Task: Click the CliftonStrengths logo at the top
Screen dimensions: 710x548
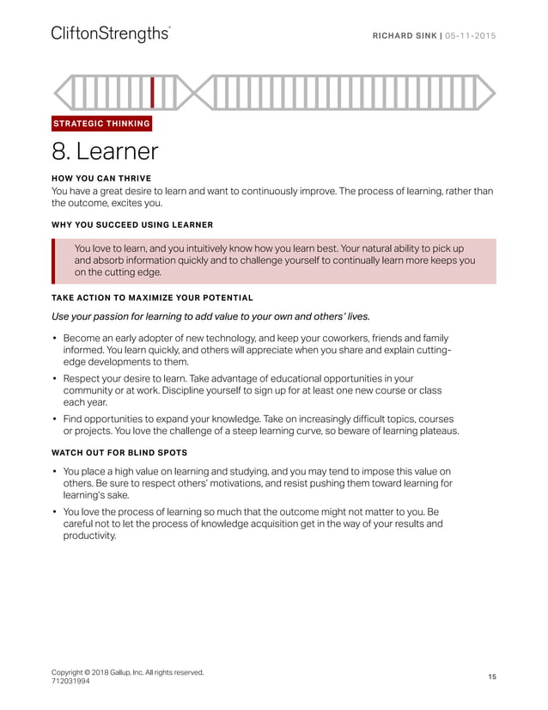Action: tap(110, 34)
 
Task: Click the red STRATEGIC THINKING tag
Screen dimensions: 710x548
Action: tap(101, 124)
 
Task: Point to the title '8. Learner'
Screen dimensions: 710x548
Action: tap(105, 152)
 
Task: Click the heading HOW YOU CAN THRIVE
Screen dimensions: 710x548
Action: tap(101, 179)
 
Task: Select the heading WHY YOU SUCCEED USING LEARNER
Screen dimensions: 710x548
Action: tap(132, 225)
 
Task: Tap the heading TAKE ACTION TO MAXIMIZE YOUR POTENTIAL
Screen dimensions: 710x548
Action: tap(152, 298)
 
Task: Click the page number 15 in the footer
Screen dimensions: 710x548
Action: tap(492, 677)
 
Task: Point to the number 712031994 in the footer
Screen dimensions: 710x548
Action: tap(76, 682)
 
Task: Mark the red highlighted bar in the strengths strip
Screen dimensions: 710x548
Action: tap(152, 92)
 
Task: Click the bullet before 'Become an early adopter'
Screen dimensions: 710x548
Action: tap(55, 339)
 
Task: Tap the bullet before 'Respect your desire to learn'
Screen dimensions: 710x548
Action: tap(55, 378)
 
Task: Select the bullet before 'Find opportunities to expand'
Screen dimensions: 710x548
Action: tap(55, 418)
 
